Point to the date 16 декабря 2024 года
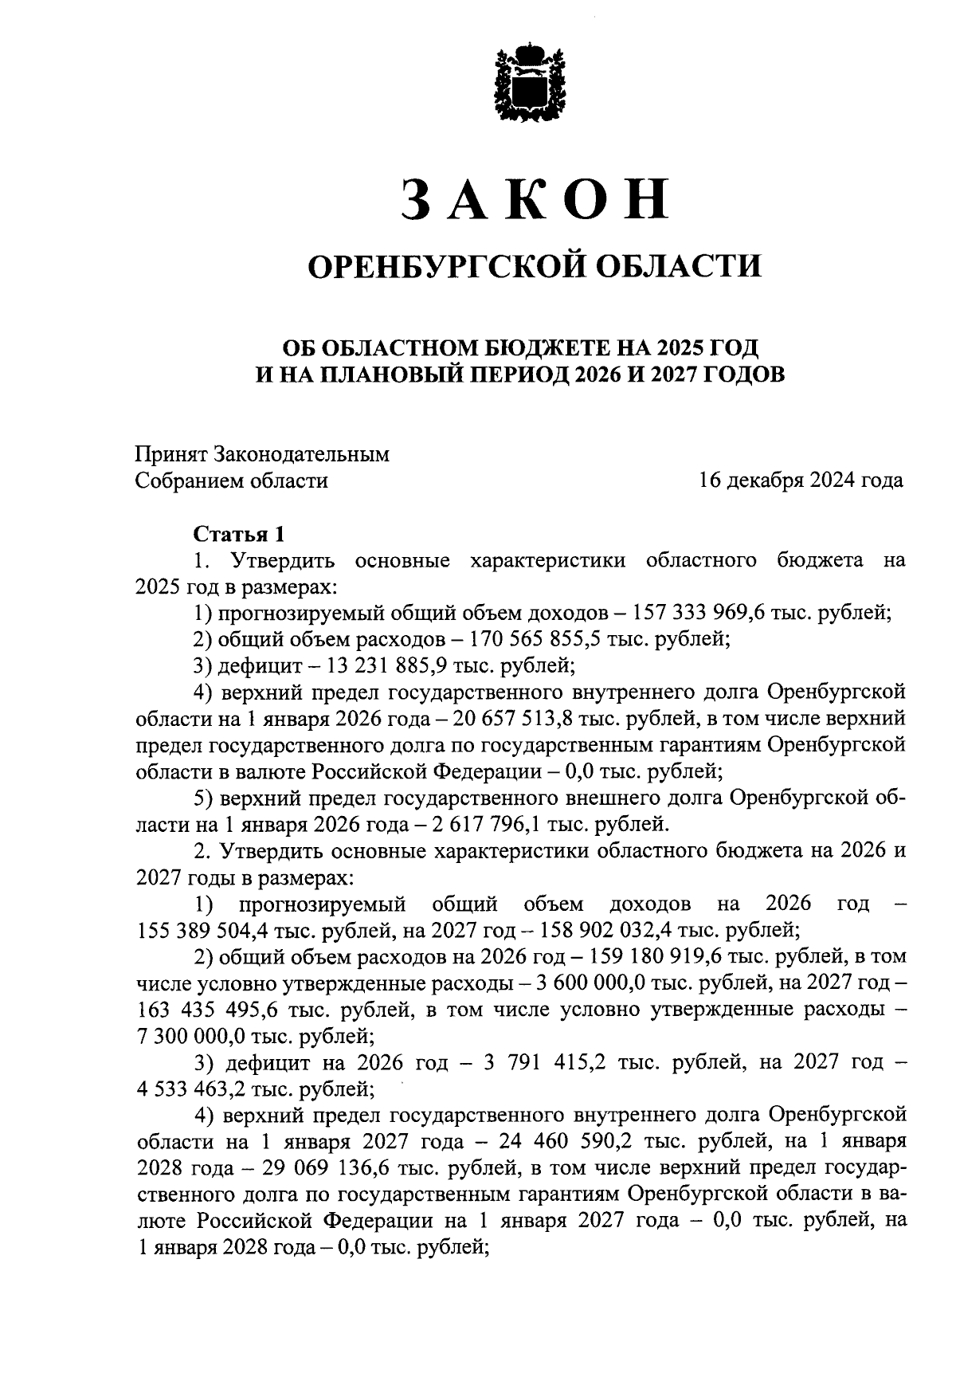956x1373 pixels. [x=801, y=481]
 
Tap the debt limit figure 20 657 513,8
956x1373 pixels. [x=526, y=718]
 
